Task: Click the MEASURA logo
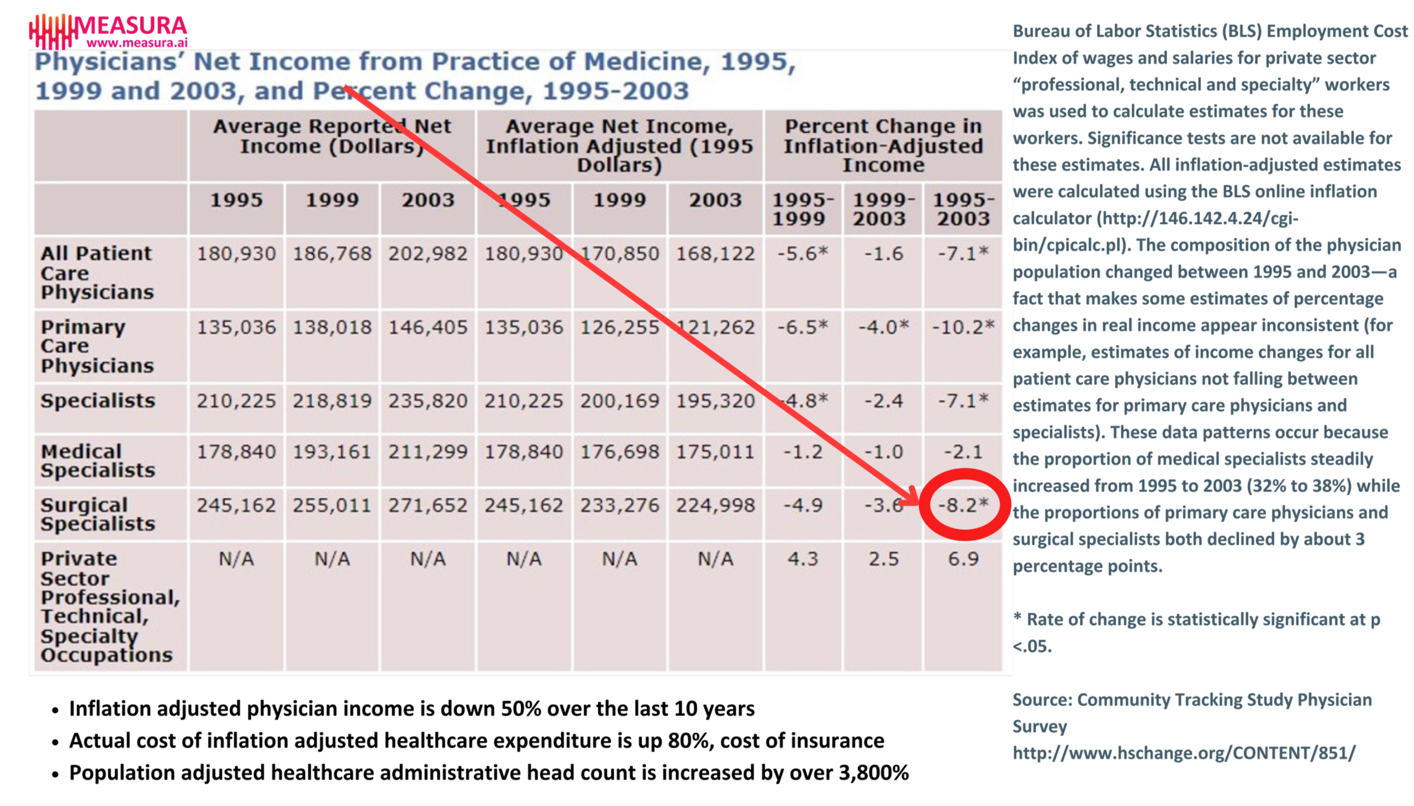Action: click(x=108, y=30)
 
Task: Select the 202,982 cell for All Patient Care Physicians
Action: click(x=428, y=254)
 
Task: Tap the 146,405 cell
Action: click(x=428, y=327)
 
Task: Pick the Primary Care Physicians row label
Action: click(x=97, y=346)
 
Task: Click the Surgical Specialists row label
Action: click(x=97, y=514)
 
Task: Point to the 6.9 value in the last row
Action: click(x=963, y=559)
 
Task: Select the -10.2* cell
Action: click(x=963, y=327)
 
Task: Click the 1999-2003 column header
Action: click(x=883, y=209)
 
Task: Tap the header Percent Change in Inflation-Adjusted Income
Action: click(x=883, y=145)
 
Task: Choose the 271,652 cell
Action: click(x=428, y=505)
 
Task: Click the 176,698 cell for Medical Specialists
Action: click(x=619, y=452)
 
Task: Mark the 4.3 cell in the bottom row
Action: click(x=803, y=559)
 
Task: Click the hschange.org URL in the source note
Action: click(x=1184, y=753)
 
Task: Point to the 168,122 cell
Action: click(x=715, y=254)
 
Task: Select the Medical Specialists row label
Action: click(x=97, y=461)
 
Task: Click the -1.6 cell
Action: click(x=883, y=254)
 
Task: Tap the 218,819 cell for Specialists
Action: click(x=332, y=401)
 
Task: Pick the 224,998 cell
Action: click(x=715, y=505)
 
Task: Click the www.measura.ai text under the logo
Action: click(x=136, y=43)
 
